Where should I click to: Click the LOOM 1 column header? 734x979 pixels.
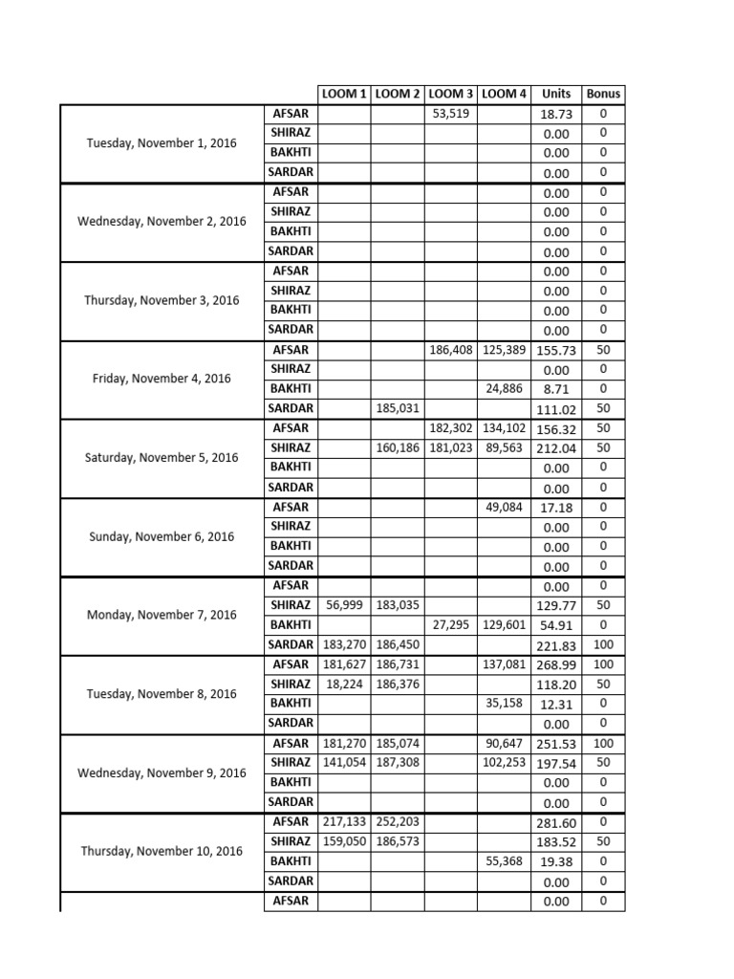point(344,94)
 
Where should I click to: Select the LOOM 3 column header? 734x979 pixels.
point(451,94)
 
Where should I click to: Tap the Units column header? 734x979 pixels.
point(556,94)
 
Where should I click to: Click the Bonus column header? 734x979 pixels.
point(603,94)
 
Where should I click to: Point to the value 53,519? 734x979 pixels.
point(451,114)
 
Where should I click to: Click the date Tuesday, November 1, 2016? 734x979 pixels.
point(162,143)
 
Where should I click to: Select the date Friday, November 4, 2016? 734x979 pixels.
point(162,379)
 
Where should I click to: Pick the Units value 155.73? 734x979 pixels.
point(556,351)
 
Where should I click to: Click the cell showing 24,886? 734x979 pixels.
point(504,389)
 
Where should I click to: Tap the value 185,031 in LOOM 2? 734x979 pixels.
point(398,409)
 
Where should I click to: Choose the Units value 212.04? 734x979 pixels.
point(556,448)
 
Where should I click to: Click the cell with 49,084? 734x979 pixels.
point(504,507)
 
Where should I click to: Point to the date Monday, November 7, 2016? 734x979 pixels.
point(162,615)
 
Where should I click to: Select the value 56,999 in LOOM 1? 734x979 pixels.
point(345,605)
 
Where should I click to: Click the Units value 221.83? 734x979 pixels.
point(556,645)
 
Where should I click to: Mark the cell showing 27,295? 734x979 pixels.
point(451,624)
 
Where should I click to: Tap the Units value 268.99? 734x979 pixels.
point(556,664)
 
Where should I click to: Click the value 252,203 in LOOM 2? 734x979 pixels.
point(398,821)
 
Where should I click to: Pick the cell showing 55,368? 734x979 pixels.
point(504,860)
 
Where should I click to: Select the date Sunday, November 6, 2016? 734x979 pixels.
point(162,536)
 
